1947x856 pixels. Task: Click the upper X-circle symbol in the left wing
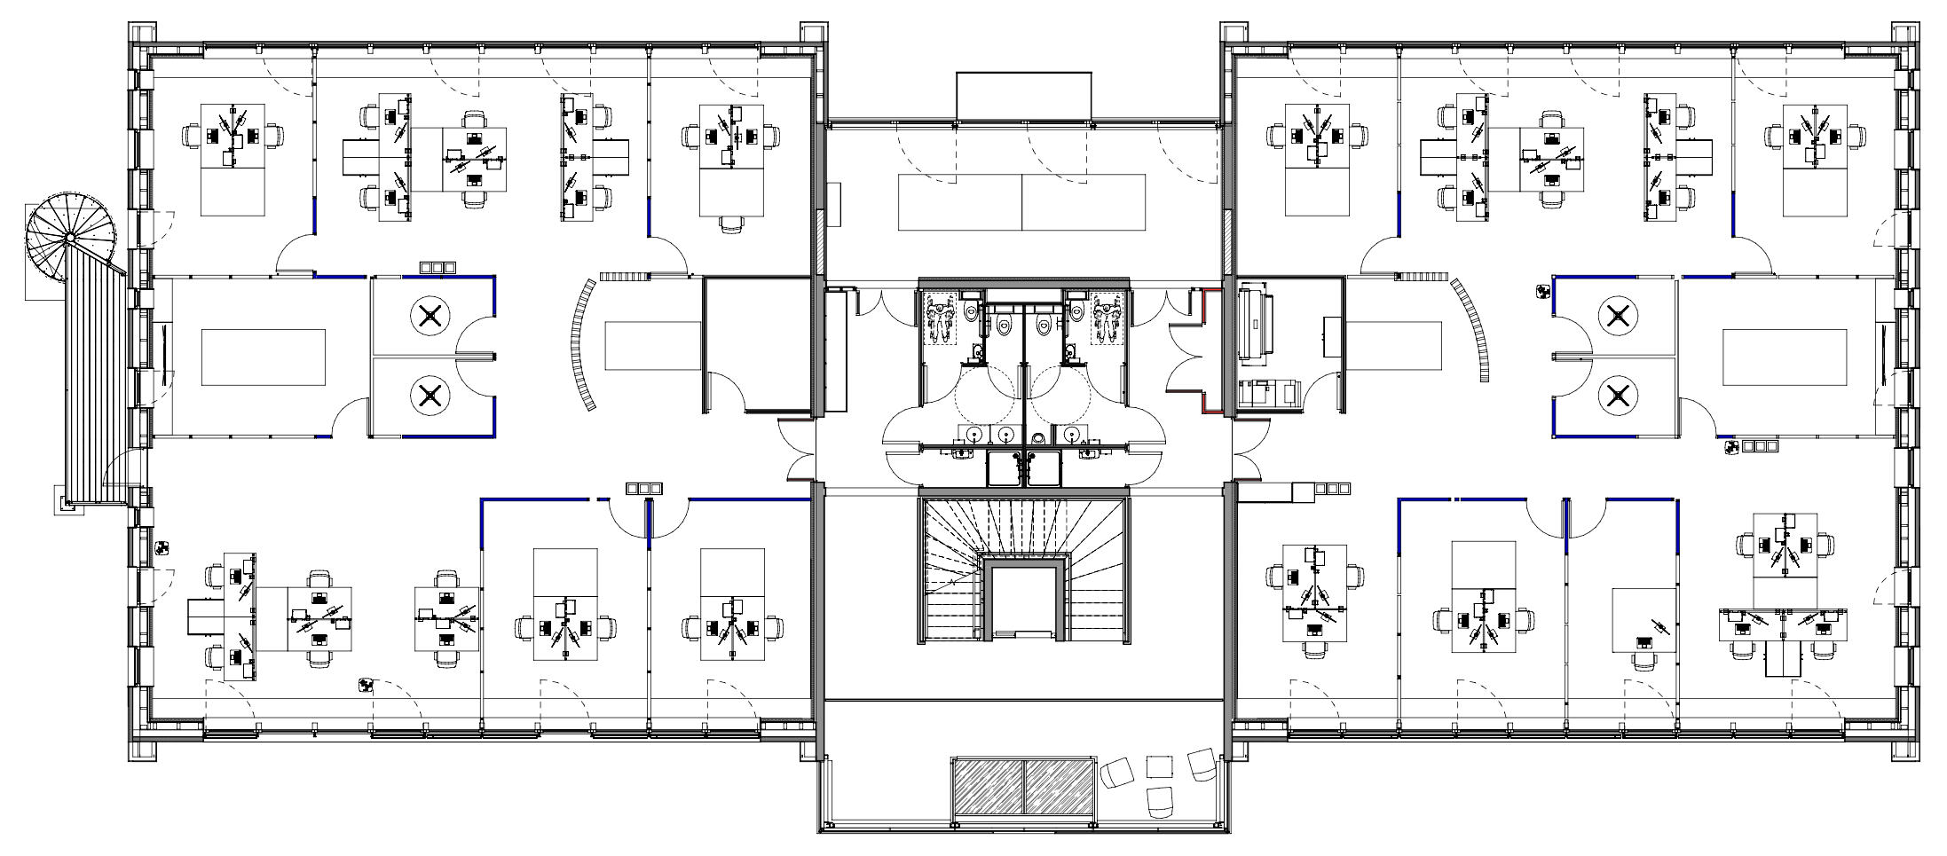point(430,315)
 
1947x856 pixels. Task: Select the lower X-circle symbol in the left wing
point(430,397)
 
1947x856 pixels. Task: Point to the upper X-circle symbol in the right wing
point(1615,315)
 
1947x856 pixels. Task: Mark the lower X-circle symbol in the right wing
point(1615,397)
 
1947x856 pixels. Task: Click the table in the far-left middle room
point(264,357)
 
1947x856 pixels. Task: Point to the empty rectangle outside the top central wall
point(1023,95)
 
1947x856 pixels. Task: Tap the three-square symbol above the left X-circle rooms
point(437,267)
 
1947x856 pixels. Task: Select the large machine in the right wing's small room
point(1257,324)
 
